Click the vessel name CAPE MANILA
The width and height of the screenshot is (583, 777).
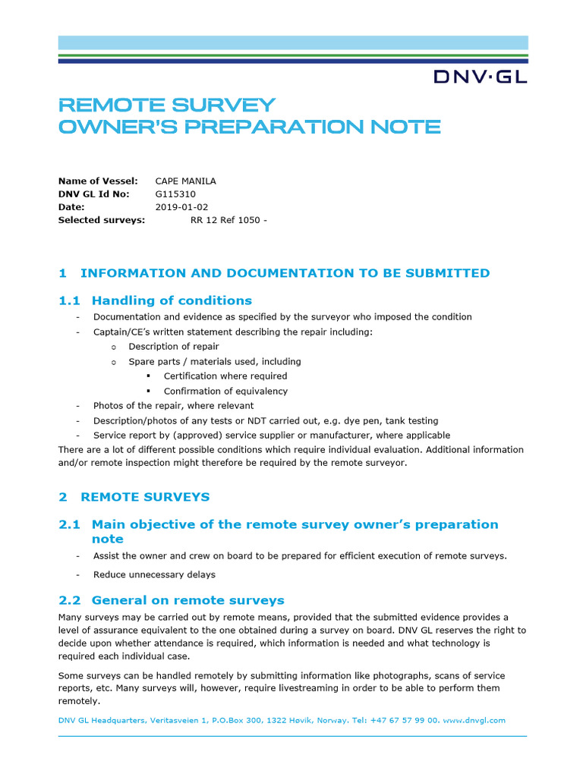click(185, 181)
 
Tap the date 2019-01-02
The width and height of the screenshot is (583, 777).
click(181, 206)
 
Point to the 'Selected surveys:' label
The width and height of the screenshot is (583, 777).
click(102, 220)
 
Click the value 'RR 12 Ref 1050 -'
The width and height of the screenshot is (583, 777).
click(228, 220)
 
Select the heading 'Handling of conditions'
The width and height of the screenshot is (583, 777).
click(172, 300)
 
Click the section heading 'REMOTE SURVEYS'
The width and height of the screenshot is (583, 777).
click(144, 497)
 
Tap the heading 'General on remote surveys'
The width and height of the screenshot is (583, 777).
click(188, 600)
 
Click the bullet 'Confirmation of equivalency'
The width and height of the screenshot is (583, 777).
click(225, 391)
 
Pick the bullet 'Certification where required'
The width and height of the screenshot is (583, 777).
click(225, 376)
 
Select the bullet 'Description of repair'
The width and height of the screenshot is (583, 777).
click(174, 346)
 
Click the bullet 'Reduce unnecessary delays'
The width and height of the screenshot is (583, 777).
click(154, 574)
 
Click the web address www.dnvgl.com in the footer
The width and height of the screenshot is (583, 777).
click(474, 720)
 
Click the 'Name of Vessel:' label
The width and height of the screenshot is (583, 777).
click(98, 181)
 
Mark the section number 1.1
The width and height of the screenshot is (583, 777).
click(70, 300)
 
